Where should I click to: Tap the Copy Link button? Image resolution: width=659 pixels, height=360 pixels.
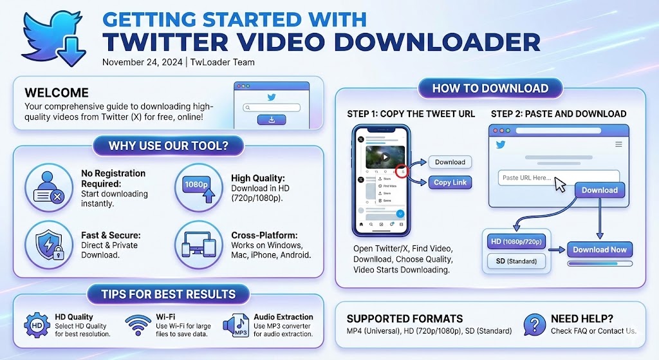pos(450,182)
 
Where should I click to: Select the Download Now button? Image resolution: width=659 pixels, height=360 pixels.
pos(600,249)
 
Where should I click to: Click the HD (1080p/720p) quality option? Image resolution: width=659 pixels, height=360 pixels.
pos(516,242)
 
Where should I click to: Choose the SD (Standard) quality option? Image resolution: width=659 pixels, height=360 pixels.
pos(516,261)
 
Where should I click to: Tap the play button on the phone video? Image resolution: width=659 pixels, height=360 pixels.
pos(385,156)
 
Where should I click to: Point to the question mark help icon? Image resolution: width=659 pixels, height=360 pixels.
pos(534,324)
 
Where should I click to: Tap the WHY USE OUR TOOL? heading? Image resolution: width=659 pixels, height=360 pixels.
pos(168,146)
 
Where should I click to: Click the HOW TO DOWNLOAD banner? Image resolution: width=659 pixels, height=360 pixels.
pos(490,88)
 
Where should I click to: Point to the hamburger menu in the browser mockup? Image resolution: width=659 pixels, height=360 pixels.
pos(619,145)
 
